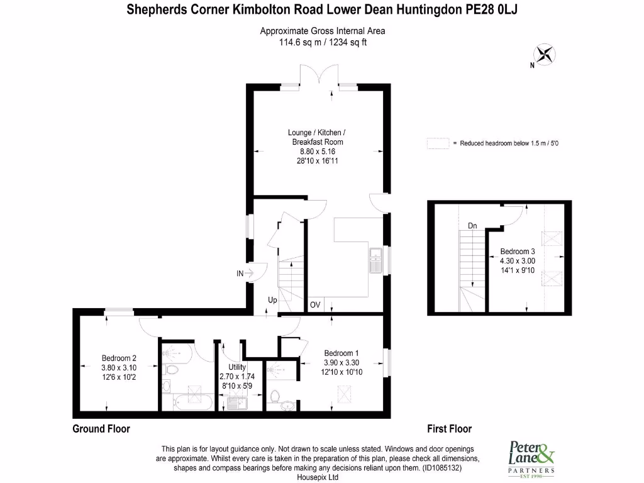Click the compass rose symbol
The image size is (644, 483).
coord(545,55)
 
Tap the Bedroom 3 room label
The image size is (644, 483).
coord(518,252)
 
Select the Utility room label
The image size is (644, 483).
coord(237,367)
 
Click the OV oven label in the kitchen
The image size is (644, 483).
coord(315,305)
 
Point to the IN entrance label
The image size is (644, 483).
coord(240,274)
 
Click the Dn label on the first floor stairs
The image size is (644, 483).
coord(472,226)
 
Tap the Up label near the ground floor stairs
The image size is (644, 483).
coord(272,300)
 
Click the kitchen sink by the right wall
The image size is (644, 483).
coord(376,260)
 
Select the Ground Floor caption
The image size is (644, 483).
coord(101,429)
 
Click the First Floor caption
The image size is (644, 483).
coord(449,429)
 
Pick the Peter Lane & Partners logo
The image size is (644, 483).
coord(531,459)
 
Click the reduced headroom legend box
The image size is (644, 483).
coord(438,143)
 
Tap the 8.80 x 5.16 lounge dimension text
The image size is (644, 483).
coord(318,152)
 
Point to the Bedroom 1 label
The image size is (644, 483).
coord(341,353)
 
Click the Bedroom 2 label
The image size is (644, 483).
coord(119,358)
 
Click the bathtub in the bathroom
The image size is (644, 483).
coord(193,402)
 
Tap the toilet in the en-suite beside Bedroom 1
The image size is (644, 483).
coord(275,396)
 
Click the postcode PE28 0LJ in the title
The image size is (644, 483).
coord(491,9)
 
